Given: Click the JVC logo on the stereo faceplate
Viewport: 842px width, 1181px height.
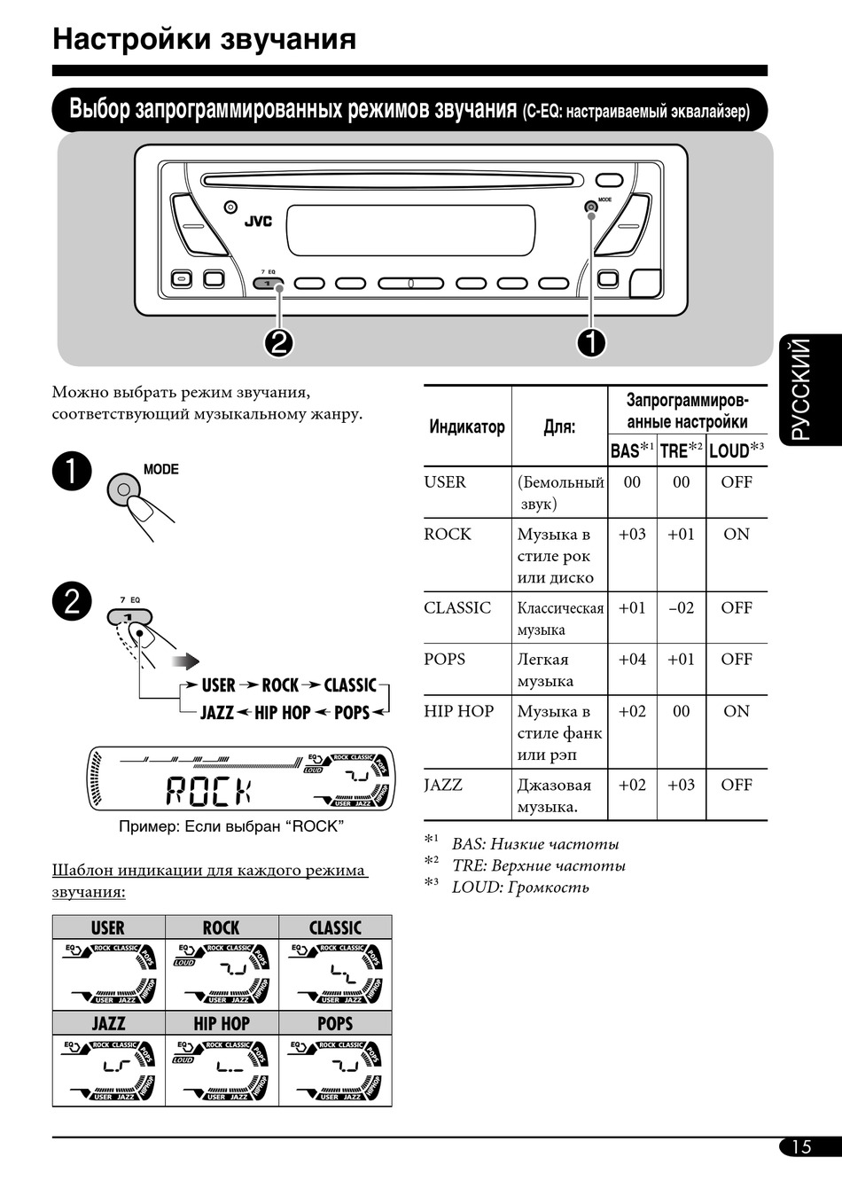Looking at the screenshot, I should (x=259, y=222).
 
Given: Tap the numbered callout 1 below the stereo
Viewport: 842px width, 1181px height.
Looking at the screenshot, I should (x=591, y=342).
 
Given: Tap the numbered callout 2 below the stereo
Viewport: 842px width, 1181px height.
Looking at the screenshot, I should (x=279, y=342).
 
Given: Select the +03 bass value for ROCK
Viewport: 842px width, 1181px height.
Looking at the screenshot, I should (x=632, y=535).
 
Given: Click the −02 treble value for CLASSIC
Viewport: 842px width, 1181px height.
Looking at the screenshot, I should (x=681, y=608).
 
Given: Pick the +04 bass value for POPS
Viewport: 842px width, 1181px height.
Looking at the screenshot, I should (x=632, y=660).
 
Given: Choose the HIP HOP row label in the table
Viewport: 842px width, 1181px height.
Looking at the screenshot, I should (x=458, y=711).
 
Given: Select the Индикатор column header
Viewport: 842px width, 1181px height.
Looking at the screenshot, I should (x=467, y=427).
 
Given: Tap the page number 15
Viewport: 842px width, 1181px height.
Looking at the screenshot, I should (x=801, y=1146).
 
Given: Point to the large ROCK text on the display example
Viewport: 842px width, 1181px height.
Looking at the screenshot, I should (x=209, y=790).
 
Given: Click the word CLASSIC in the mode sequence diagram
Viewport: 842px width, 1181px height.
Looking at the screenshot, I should (x=350, y=685).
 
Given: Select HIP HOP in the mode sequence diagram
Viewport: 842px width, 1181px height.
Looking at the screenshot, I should (x=283, y=713).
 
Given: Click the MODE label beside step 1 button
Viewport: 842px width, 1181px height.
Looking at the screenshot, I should (x=161, y=470).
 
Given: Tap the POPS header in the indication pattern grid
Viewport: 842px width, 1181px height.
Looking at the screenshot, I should (x=335, y=1024).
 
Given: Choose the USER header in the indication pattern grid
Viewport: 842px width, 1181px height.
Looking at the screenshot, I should (x=108, y=928).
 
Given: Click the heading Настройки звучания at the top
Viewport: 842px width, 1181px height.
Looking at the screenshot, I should (x=205, y=39).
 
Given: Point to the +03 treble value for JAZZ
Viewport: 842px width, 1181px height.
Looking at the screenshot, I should (x=681, y=785).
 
